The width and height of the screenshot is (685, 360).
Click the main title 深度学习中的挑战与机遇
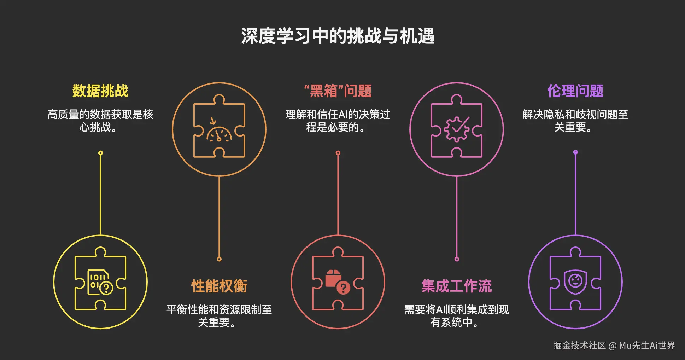pyautogui.click(x=338, y=36)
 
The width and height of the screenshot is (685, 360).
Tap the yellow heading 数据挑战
pyautogui.click(x=100, y=91)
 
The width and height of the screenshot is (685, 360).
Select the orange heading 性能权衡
pyautogui.click(x=219, y=286)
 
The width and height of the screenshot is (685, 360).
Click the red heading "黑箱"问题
pyautogui.click(x=338, y=91)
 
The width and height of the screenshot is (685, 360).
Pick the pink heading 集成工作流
pyautogui.click(x=456, y=286)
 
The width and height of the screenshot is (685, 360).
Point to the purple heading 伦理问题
pyautogui.click(x=575, y=91)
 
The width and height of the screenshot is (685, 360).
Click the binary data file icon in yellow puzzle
pyautogui.click(x=100, y=283)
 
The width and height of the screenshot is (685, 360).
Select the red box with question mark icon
pyautogui.click(x=338, y=283)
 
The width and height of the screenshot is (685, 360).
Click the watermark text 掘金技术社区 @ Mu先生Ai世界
pyautogui.click(x=614, y=345)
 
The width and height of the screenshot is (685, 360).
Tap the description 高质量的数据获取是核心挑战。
pyautogui.click(x=100, y=121)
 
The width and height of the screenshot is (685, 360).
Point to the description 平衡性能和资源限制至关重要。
pyautogui.click(x=219, y=316)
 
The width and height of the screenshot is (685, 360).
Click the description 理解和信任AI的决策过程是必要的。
pyautogui.click(x=338, y=121)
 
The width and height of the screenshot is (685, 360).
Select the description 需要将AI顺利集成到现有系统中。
pyautogui.click(x=456, y=316)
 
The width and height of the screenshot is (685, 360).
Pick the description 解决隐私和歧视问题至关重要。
pyautogui.click(x=575, y=121)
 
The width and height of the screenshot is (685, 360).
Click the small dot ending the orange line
pyautogui.click(x=219, y=259)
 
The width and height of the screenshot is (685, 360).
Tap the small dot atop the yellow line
pyautogui.click(x=100, y=153)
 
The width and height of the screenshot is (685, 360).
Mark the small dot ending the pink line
pyautogui.click(x=457, y=259)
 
